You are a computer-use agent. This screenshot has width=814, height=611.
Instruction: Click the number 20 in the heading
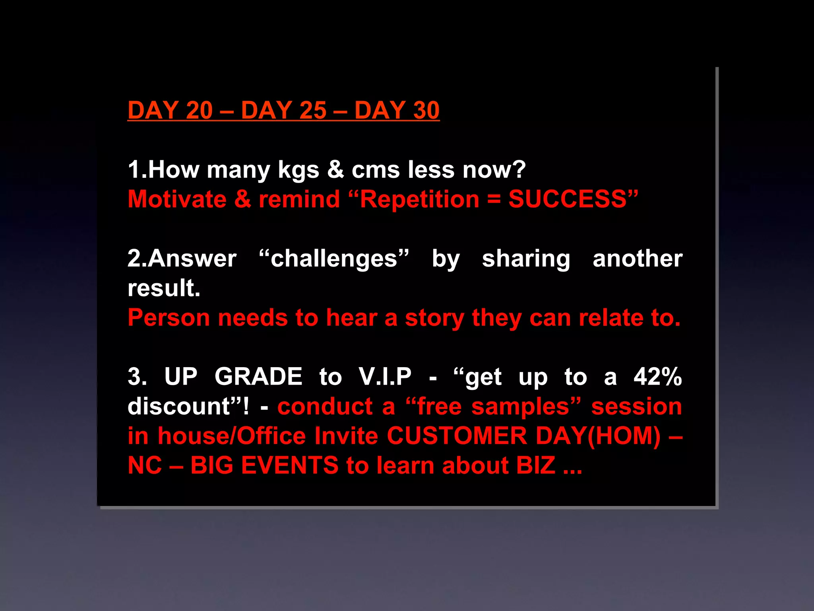pos(199,110)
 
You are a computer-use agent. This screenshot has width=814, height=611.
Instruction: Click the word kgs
pos(298,170)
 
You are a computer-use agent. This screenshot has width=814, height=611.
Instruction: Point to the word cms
pos(376,170)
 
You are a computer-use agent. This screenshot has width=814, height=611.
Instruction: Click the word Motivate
pos(177,199)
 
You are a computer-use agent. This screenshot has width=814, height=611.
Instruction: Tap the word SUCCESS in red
pos(568,199)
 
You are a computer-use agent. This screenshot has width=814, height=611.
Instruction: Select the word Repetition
pos(420,199)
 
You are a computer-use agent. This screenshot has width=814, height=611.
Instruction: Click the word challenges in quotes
pos(334,259)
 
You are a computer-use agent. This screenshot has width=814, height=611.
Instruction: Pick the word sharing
pos(526,259)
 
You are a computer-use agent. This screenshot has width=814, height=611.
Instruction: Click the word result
pos(163,288)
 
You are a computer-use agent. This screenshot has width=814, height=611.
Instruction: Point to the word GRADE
pos(258,377)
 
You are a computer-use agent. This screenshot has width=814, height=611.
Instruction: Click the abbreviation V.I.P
pos(385,377)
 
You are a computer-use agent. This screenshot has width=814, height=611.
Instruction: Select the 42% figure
pos(658,377)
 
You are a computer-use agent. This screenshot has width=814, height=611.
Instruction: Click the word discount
pos(179,407)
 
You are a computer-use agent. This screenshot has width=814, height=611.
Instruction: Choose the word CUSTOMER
pos(457,436)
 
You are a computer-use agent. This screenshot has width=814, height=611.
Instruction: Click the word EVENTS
pos(290,465)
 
